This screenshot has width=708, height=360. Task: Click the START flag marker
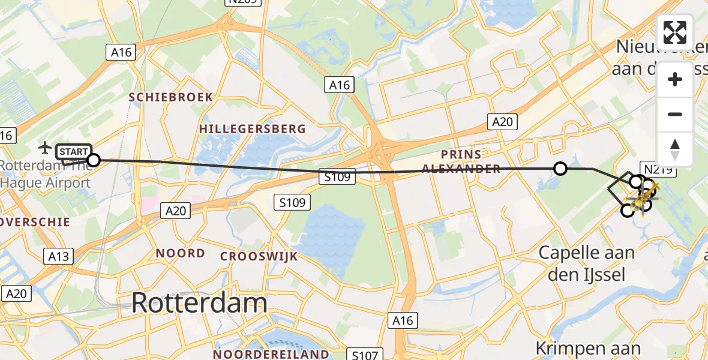(x=73, y=152)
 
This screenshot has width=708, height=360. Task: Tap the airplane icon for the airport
(x=45, y=147)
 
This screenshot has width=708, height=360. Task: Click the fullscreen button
(x=675, y=32)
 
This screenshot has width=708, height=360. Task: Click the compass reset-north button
(x=675, y=149)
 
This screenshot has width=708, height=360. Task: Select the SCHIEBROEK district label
(x=170, y=97)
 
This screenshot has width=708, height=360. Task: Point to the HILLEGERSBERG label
(x=253, y=129)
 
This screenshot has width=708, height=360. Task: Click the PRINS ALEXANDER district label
(x=461, y=160)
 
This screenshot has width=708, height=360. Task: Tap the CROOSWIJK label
(x=259, y=257)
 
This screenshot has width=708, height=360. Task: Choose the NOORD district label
(x=180, y=253)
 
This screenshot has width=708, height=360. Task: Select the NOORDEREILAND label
(x=271, y=354)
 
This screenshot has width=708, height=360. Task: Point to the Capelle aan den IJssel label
(x=586, y=263)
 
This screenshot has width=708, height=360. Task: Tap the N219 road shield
(x=658, y=170)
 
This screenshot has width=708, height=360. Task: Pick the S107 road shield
(x=365, y=355)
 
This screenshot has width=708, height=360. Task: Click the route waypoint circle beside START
(x=94, y=160)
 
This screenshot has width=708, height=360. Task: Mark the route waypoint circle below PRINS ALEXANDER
(x=560, y=169)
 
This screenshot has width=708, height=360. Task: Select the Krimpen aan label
(x=587, y=347)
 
